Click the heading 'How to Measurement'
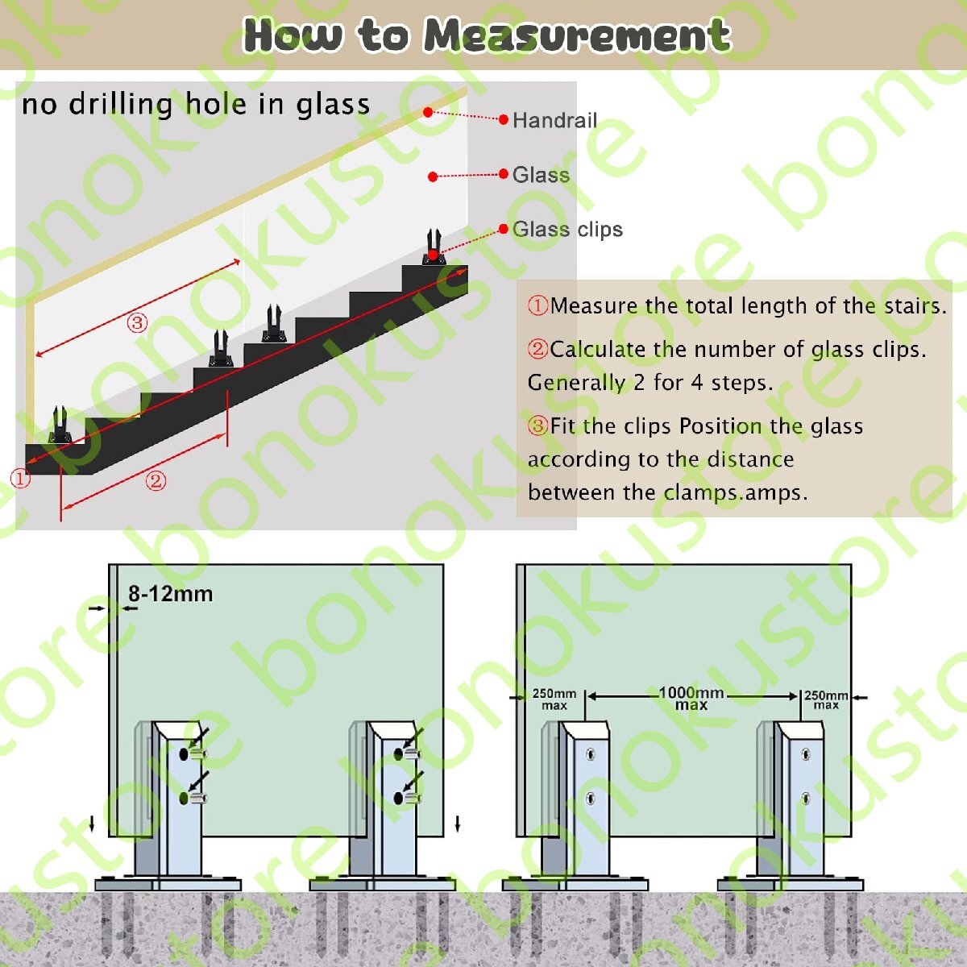(x=487, y=35)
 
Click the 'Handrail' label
(x=554, y=120)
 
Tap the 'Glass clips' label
(x=567, y=230)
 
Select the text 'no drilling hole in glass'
(x=196, y=105)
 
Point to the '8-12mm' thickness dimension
(x=171, y=594)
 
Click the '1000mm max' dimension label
(x=691, y=699)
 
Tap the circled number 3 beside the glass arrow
(x=137, y=322)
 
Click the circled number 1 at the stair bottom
(x=21, y=478)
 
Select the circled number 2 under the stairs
(x=156, y=481)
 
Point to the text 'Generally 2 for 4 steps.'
(x=650, y=383)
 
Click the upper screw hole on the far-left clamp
(x=185, y=753)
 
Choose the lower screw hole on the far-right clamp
(x=805, y=798)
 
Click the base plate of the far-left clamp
(x=168, y=884)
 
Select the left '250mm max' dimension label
(x=554, y=699)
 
